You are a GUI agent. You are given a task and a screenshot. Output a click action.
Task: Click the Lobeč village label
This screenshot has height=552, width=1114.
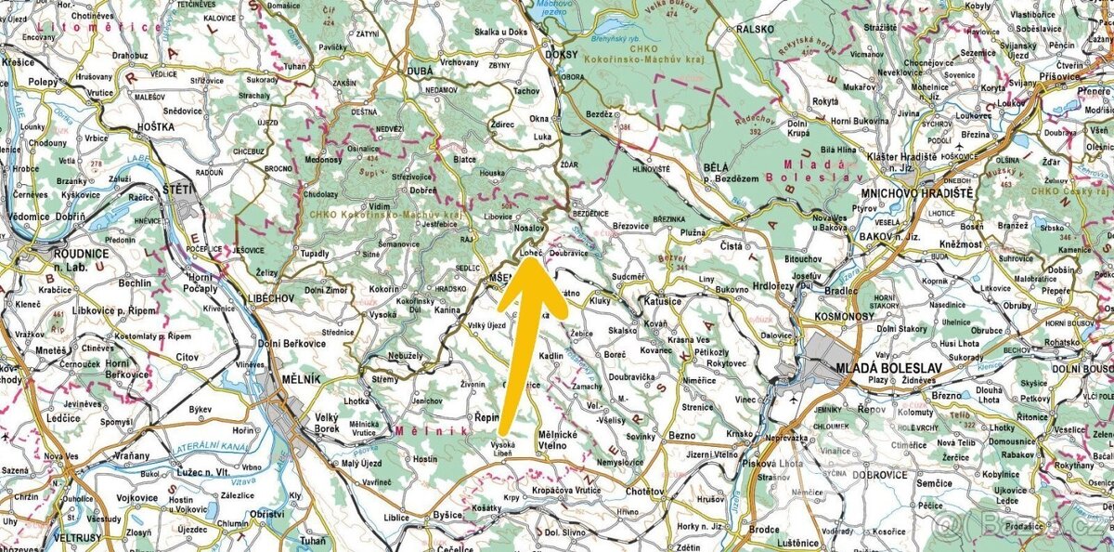[532, 251]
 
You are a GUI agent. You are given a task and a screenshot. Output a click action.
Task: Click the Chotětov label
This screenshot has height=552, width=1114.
[644, 490]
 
